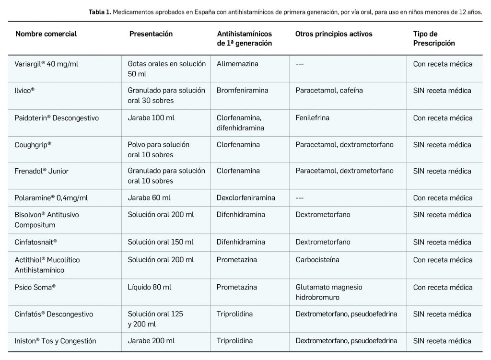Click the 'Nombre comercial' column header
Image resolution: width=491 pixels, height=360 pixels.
(x=46, y=34)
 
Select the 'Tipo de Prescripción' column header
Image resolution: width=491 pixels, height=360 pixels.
(x=434, y=38)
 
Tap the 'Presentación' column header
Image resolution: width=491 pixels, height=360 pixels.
(x=151, y=34)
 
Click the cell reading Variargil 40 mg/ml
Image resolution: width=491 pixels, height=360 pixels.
(x=47, y=64)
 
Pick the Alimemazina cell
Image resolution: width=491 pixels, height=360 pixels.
(x=237, y=64)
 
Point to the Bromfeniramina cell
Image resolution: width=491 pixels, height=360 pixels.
(x=242, y=91)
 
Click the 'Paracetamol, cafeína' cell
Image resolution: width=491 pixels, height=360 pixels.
(x=329, y=91)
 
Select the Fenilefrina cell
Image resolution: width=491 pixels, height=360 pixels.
(x=312, y=118)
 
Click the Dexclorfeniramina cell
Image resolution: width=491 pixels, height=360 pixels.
(x=245, y=198)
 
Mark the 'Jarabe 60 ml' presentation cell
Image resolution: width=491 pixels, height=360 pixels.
(x=149, y=198)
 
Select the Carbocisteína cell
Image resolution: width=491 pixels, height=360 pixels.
(x=317, y=260)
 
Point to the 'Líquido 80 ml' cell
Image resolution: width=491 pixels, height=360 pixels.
(x=149, y=287)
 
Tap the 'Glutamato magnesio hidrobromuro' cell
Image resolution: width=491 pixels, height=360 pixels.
(x=329, y=291)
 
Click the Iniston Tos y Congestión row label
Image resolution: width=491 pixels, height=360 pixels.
(x=56, y=341)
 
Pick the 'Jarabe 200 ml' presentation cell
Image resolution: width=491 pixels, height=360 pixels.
(x=151, y=341)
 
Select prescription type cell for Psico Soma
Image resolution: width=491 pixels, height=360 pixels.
(x=443, y=287)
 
